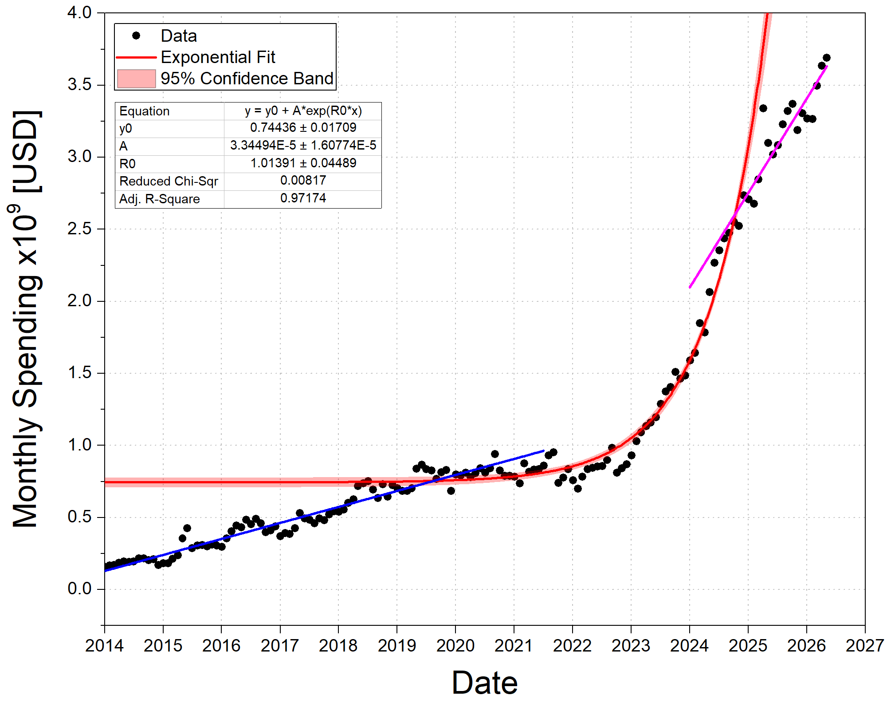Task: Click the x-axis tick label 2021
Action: click(x=514, y=645)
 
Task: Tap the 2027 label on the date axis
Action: click(x=865, y=645)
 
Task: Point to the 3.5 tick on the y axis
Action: click(x=79, y=84)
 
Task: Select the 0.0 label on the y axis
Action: click(x=79, y=588)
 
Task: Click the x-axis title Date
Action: click(x=485, y=683)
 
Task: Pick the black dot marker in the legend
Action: click(x=136, y=36)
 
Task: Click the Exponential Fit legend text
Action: click(x=218, y=57)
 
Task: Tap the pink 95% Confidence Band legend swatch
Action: click(x=136, y=79)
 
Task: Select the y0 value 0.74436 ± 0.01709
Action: click(x=303, y=128)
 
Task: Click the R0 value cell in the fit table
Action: click(x=303, y=163)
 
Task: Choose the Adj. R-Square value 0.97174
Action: click(x=303, y=198)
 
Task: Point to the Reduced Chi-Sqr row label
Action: click(x=169, y=181)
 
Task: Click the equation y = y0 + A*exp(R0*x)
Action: click(x=303, y=111)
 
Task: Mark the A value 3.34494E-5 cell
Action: click(x=303, y=146)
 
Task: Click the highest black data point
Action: click(x=826, y=58)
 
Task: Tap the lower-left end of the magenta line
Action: click(x=690, y=288)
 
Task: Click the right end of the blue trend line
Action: click(x=544, y=451)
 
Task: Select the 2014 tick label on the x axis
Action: click(x=105, y=645)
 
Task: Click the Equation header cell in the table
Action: click(x=145, y=111)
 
